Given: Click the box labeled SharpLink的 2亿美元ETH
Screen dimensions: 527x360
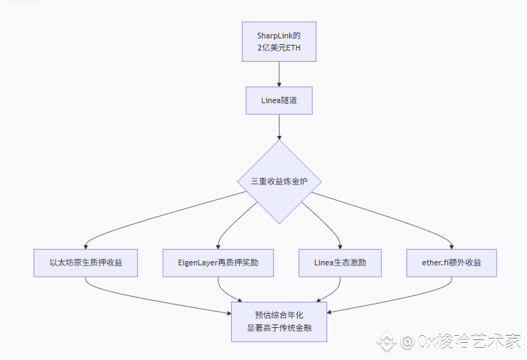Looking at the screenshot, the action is click(x=279, y=42).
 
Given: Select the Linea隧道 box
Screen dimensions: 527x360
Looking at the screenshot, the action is click(x=279, y=100).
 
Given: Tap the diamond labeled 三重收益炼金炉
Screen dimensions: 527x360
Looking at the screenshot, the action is click(x=280, y=181).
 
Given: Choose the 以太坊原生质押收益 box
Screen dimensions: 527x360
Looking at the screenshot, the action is click(x=86, y=263).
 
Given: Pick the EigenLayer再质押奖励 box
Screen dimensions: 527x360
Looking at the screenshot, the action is click(x=218, y=263).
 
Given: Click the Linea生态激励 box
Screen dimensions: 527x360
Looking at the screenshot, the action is click(x=340, y=263).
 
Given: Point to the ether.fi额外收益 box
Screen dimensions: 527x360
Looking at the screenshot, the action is click(x=452, y=263).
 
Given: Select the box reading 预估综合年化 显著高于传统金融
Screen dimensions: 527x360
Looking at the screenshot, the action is click(x=279, y=322).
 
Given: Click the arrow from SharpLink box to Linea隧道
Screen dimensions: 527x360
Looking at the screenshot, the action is click(x=279, y=74).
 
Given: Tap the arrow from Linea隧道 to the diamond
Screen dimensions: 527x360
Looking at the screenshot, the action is click(x=279, y=127).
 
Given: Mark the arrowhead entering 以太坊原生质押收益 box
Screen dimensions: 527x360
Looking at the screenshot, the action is click(x=86, y=247).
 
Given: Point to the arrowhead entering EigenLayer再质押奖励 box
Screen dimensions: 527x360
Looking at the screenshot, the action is click(x=218, y=247).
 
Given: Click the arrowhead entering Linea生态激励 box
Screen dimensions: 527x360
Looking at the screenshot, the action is click(x=340, y=247).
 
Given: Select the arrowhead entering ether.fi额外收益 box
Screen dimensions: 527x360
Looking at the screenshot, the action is click(x=452, y=247).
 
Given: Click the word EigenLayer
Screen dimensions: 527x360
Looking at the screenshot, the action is click(x=198, y=263).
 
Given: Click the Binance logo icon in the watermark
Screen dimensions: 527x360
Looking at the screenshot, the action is click(x=387, y=342).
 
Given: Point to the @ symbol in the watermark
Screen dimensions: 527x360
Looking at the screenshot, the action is click(x=408, y=342).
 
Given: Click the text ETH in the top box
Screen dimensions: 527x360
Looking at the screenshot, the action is click(x=294, y=48).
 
